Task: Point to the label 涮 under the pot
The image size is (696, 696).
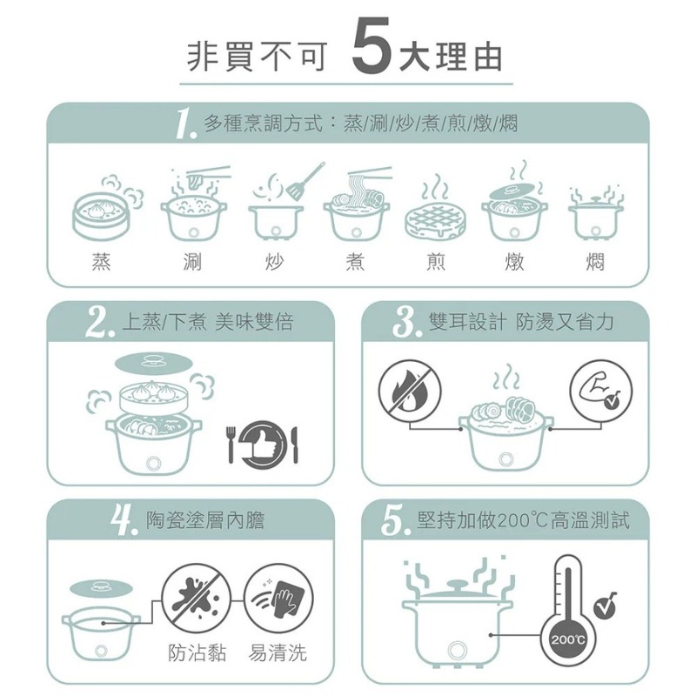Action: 193,262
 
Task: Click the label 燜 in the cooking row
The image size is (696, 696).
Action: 595,262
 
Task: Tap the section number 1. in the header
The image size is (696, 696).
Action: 184,126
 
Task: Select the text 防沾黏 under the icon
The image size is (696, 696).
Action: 197,652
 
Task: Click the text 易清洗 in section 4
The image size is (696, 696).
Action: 278,652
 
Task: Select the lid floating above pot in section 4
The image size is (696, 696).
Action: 100,587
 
